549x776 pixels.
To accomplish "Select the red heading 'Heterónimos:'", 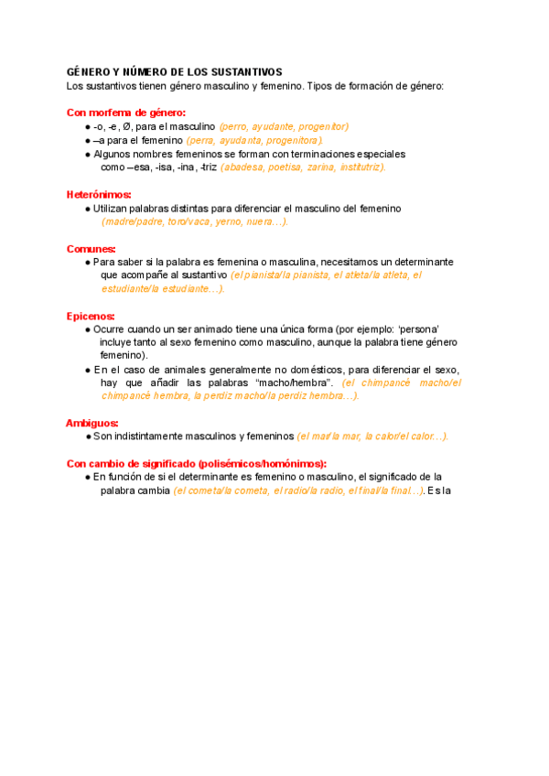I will point(99,195).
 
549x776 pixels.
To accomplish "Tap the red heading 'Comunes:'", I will point(91,249).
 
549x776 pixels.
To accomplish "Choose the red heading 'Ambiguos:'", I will point(92,423).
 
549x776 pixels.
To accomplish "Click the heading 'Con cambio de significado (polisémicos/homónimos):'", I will point(197,463).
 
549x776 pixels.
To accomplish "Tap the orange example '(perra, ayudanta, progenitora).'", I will point(254,141).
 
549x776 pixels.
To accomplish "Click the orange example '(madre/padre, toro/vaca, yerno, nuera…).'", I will point(195,221).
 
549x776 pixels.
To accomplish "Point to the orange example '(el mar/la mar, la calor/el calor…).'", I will point(372,436).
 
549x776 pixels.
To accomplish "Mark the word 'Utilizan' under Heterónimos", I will point(111,209).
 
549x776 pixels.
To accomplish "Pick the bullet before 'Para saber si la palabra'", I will point(87,262).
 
